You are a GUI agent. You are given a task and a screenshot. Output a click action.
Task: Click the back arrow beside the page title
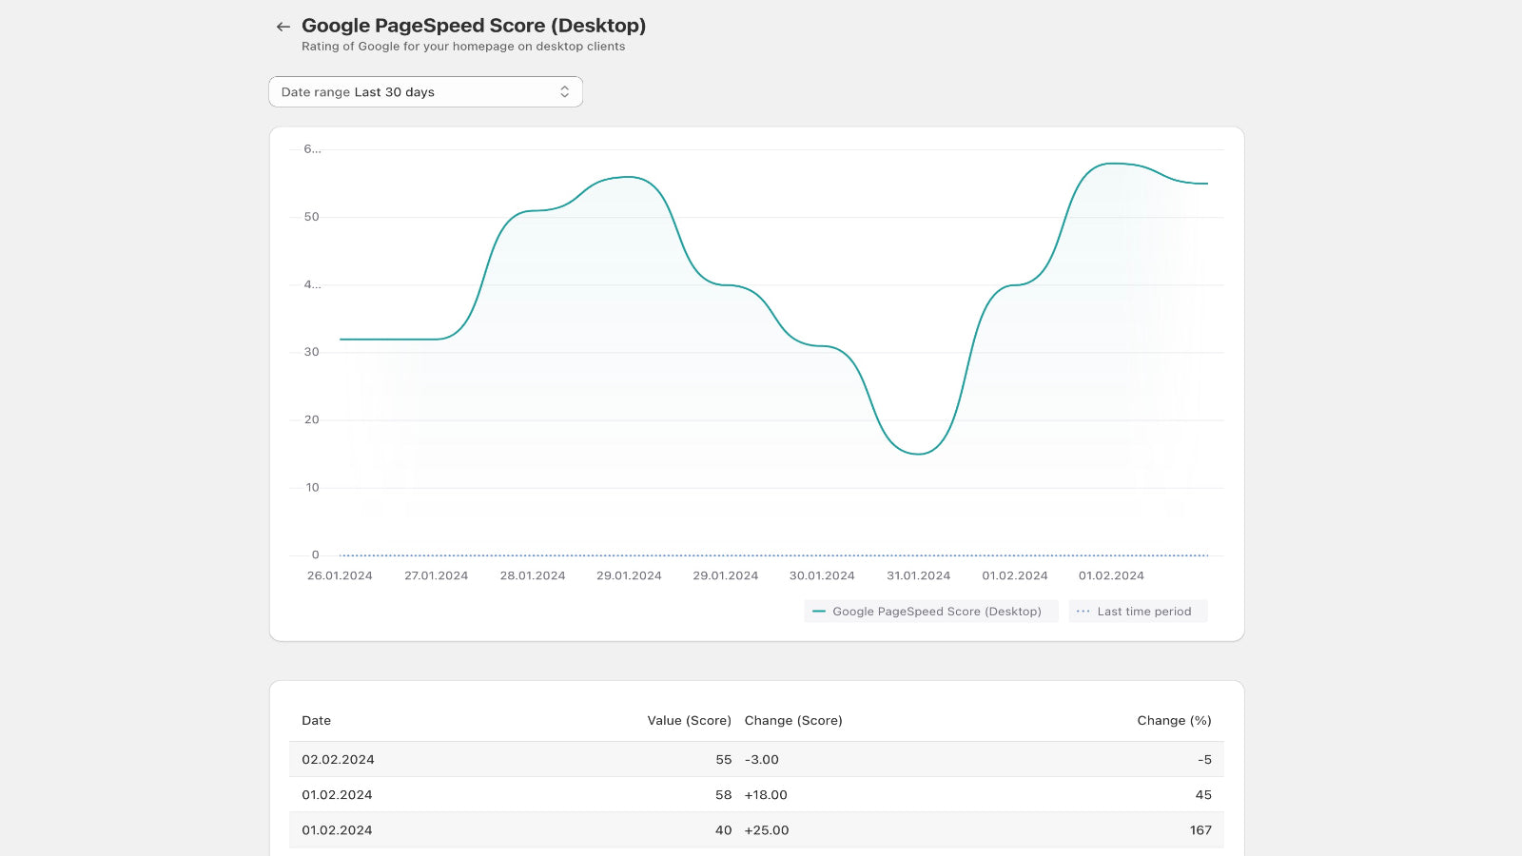click(x=283, y=27)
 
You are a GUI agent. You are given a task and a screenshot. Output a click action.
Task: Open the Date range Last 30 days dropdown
click(x=425, y=92)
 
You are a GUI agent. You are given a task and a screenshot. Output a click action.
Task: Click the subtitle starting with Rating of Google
click(x=463, y=47)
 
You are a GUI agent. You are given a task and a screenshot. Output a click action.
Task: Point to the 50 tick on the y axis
click(x=311, y=217)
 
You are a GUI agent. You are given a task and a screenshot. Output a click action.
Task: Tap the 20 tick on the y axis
click(x=311, y=419)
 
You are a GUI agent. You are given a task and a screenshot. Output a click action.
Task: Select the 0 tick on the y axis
click(x=315, y=554)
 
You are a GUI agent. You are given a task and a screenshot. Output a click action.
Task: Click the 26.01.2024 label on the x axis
click(x=340, y=575)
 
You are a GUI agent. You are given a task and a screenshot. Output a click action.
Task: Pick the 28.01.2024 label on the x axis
click(x=533, y=575)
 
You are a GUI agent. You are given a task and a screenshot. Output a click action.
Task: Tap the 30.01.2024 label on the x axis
click(x=822, y=575)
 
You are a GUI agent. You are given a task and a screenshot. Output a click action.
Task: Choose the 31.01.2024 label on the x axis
click(x=918, y=575)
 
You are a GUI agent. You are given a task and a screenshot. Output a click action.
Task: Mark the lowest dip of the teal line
click(x=918, y=454)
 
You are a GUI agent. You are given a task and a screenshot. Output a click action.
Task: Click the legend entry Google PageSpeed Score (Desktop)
click(x=929, y=612)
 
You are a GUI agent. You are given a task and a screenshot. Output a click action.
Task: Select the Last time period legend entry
click(x=1138, y=612)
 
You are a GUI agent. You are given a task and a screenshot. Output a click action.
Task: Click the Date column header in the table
click(x=317, y=721)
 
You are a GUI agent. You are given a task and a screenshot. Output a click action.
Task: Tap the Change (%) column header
click(x=1174, y=721)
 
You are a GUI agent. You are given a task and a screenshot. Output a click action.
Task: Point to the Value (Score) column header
click(x=689, y=721)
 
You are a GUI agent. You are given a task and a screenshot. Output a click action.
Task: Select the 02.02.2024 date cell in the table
click(x=338, y=760)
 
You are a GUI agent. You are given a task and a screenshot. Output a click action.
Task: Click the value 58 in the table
click(x=723, y=795)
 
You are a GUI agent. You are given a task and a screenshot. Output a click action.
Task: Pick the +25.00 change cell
click(x=767, y=830)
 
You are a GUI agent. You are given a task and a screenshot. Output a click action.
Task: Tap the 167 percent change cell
click(x=1200, y=830)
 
